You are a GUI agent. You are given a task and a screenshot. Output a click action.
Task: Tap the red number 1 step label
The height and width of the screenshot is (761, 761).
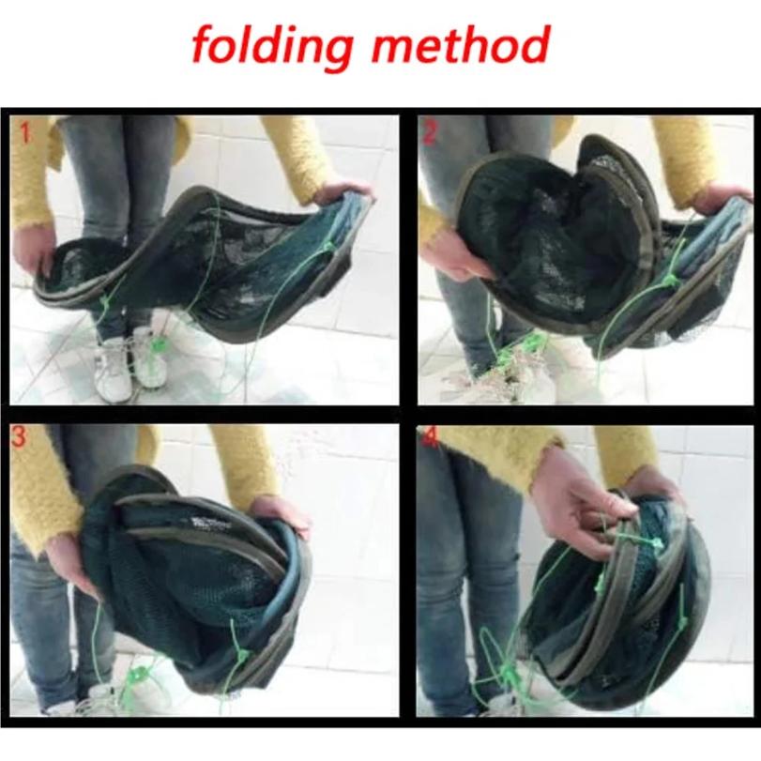click(24, 132)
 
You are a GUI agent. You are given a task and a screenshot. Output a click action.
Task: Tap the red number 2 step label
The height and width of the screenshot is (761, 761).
click(430, 132)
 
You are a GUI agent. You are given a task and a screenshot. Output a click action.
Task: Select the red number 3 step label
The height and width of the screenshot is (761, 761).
click(22, 438)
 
